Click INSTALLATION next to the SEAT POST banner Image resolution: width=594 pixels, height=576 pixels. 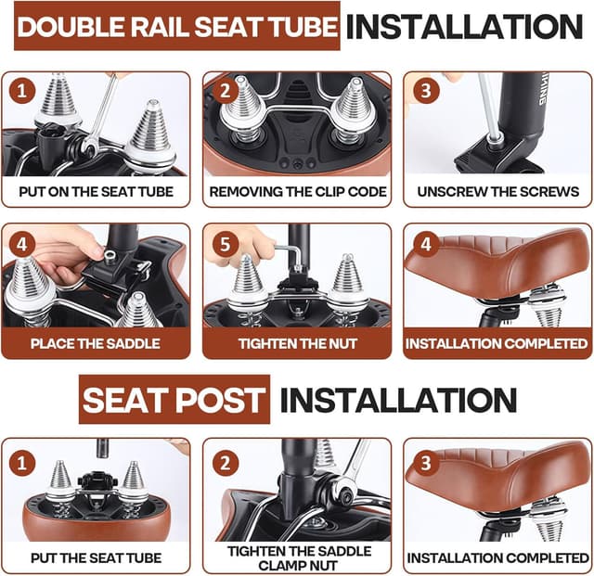point(399,400)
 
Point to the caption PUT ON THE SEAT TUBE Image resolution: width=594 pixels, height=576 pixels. point(96,192)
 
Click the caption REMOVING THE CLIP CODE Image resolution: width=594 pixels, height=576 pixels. point(298,192)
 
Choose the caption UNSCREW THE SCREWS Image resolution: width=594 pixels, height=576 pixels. point(498,192)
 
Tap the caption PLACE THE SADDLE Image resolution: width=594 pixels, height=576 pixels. point(96,343)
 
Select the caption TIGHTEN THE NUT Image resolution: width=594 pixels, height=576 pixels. point(298,343)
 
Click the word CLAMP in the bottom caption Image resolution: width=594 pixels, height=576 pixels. point(279,566)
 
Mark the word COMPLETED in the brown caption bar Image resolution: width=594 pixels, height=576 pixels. point(546,343)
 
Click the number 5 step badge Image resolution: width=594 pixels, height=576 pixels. point(225,244)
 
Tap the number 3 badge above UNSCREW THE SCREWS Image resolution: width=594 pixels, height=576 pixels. point(426,91)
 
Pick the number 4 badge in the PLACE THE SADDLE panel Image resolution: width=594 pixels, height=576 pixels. point(22,244)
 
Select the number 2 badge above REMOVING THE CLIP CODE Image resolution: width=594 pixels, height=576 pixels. point(225,91)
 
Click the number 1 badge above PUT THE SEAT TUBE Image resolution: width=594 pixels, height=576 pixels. point(22,463)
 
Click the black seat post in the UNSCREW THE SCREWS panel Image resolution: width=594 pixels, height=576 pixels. point(522,109)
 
